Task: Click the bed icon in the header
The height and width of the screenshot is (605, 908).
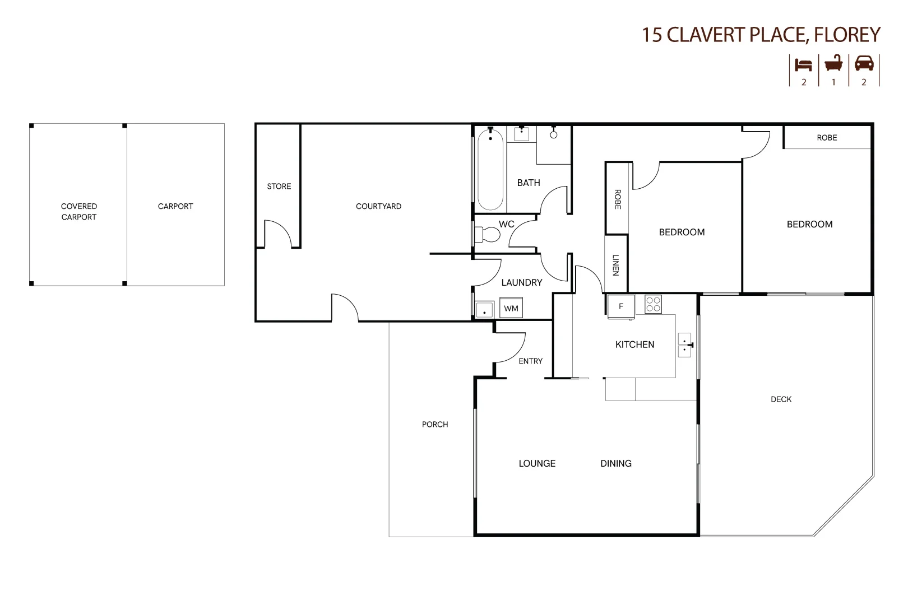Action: [803, 65]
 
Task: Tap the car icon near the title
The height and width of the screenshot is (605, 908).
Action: [864, 63]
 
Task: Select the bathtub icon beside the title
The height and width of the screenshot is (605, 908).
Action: [833, 63]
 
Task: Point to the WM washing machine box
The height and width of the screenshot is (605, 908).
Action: [511, 308]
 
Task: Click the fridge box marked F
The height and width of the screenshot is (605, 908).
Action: [621, 306]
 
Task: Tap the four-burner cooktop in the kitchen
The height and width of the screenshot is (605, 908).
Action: [653, 304]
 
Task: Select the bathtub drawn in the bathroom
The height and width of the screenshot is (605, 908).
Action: [490, 169]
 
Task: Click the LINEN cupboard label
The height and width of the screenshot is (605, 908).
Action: [615, 266]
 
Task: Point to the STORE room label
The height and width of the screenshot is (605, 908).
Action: [279, 187]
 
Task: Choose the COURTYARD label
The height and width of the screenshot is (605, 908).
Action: [378, 206]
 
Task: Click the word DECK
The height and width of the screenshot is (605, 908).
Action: [781, 399]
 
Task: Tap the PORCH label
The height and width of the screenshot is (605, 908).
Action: [435, 424]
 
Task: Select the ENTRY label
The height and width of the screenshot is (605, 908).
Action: [531, 361]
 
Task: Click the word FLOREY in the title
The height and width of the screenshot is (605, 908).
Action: [847, 34]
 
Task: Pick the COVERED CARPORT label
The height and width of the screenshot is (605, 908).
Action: [79, 212]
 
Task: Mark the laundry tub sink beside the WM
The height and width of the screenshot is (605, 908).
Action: [484, 310]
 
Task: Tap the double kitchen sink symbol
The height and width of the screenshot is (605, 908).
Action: [685, 345]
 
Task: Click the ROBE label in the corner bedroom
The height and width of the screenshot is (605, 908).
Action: [827, 138]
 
